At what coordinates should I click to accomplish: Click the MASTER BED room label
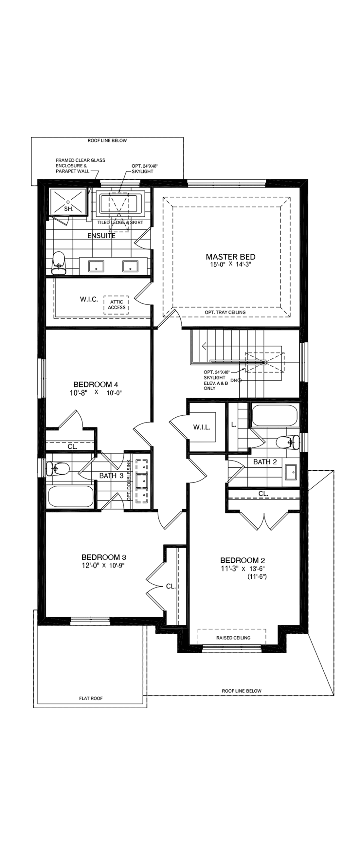point(230,257)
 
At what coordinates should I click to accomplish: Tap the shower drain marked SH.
point(68,202)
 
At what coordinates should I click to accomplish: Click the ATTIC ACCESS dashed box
point(116,305)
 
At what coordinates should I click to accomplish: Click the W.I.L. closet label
point(202,427)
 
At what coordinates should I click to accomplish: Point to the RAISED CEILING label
point(233,638)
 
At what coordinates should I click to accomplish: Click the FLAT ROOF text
point(91,698)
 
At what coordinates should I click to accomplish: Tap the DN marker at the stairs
point(234,381)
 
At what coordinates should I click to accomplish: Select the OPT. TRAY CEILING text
point(225,312)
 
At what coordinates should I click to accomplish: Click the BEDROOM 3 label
point(104,557)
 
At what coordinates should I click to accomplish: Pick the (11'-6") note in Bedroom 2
point(257,577)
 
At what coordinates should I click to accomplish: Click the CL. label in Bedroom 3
point(171,587)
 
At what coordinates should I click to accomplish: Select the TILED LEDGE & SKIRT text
point(120,222)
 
